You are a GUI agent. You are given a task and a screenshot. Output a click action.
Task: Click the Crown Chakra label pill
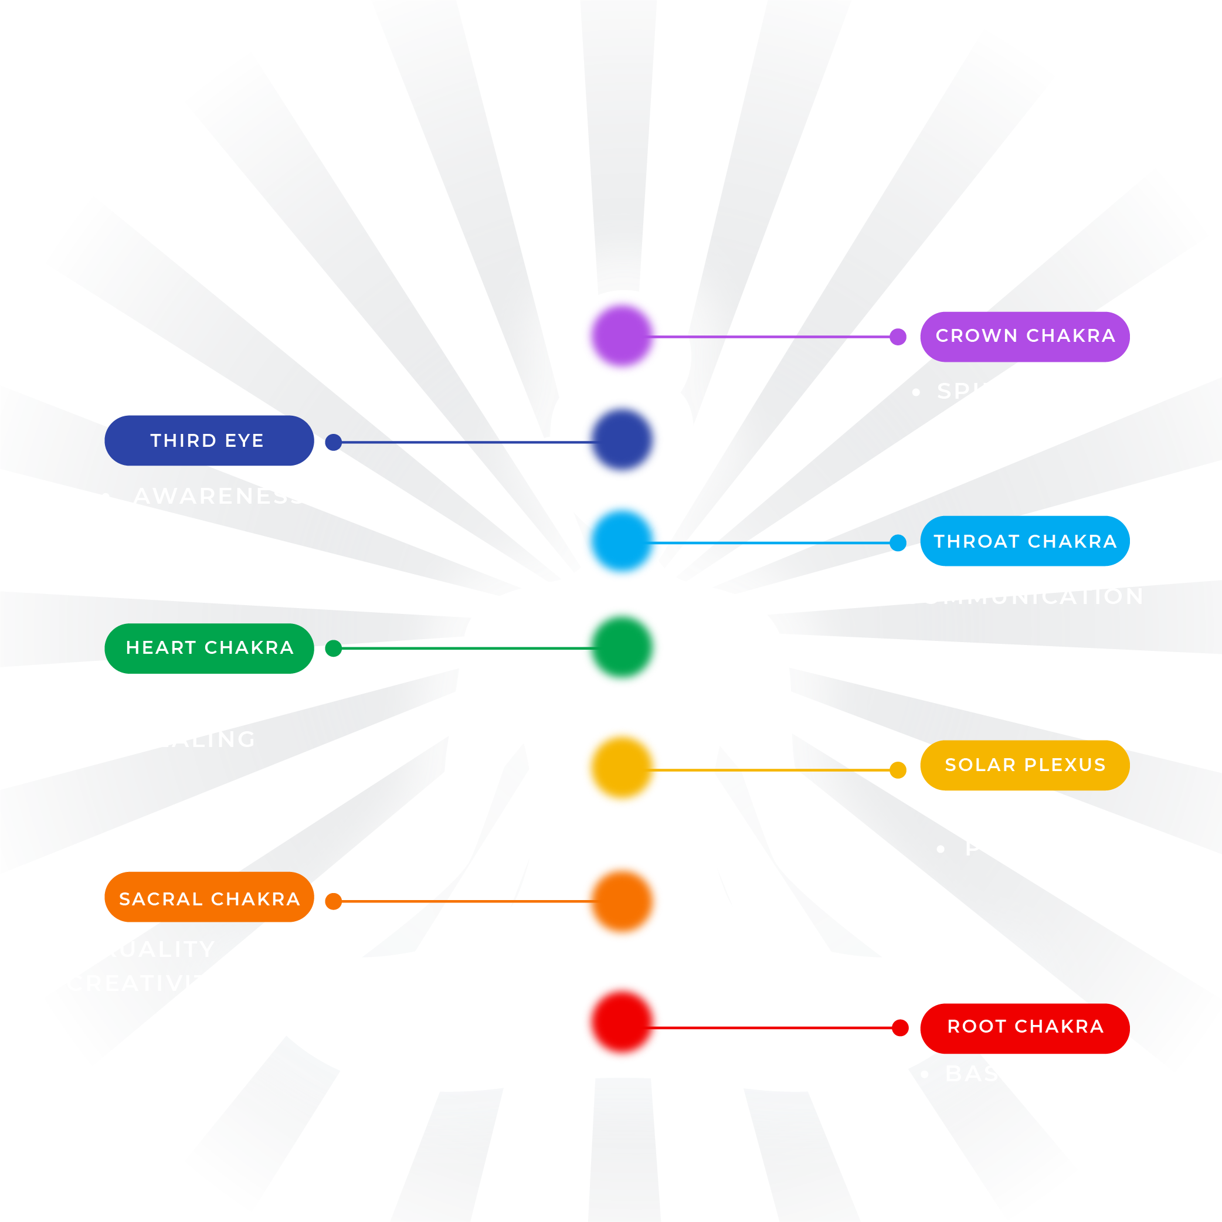1024,337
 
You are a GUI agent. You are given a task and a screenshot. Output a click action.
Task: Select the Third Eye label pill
209,441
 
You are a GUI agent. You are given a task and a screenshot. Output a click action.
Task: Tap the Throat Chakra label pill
1024,541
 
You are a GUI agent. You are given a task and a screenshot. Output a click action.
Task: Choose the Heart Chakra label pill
209,649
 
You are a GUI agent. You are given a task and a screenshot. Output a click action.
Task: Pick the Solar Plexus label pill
1024,765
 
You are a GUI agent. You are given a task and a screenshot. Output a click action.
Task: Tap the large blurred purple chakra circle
622,336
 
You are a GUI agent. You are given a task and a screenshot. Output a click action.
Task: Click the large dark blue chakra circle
622,440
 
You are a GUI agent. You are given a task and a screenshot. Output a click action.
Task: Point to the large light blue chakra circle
622,541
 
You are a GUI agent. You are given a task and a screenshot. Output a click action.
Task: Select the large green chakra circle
622,647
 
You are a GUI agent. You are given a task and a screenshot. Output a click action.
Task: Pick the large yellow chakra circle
622,767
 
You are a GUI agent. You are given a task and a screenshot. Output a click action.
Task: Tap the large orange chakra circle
622,901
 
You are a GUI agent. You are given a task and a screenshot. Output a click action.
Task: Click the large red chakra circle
622,1022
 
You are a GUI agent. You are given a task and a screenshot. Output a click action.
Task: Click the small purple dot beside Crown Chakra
898,337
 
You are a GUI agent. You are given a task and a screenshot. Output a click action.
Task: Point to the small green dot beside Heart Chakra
333,649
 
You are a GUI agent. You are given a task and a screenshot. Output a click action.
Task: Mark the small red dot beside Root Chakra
900,1028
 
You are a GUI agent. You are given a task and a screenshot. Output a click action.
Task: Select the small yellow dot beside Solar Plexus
898,770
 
